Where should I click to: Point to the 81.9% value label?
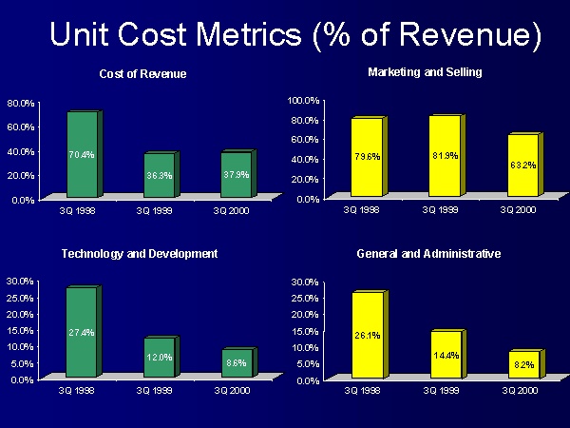click(445, 155)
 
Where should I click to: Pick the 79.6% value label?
click(367, 157)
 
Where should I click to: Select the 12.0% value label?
click(159, 358)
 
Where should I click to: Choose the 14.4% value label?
click(445, 355)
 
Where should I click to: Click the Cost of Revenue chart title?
click(142, 74)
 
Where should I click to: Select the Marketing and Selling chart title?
click(425, 71)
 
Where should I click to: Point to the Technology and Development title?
click(140, 254)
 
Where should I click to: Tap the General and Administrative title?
click(428, 254)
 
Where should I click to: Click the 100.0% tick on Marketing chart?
click(304, 100)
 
